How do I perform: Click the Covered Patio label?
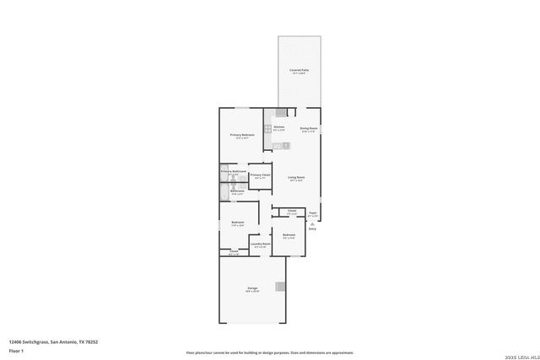300,71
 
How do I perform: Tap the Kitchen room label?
278,127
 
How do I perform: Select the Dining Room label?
309,128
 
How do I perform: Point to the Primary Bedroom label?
242,135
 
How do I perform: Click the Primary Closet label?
260,175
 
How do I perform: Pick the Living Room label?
295,177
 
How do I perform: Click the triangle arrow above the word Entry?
312,223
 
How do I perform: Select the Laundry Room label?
260,244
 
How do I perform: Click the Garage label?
252,288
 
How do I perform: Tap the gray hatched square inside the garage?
281,287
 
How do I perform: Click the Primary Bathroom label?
233,172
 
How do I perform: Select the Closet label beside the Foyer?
291,211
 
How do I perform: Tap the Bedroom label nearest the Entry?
289,234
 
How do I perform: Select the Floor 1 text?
17,350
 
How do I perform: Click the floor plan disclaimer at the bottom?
269,352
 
